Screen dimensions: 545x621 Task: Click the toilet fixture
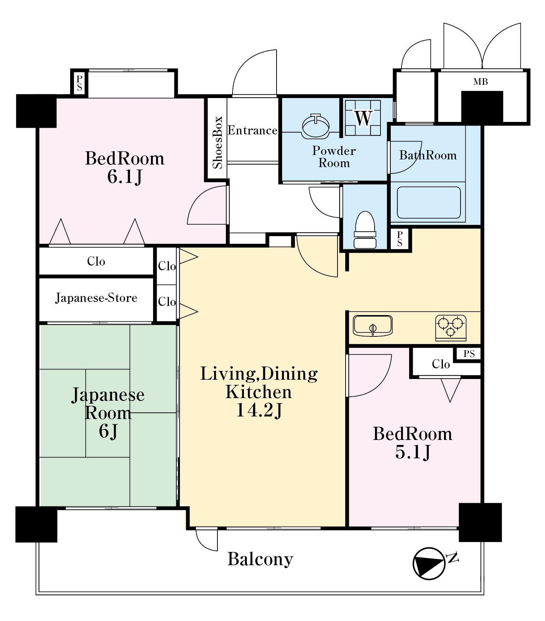click(x=365, y=230)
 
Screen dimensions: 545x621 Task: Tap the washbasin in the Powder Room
click(x=315, y=126)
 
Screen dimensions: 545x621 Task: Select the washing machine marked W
click(x=363, y=118)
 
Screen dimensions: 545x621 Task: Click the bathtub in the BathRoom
click(x=429, y=203)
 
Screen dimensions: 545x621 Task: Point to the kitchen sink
click(x=372, y=326)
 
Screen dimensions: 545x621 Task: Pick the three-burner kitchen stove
click(x=451, y=327)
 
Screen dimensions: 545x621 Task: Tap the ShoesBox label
click(x=218, y=142)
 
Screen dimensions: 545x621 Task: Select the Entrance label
click(x=252, y=130)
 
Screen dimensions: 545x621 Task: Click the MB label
click(x=480, y=82)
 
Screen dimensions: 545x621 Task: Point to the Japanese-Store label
click(x=96, y=297)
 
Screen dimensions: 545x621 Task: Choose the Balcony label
click(x=260, y=559)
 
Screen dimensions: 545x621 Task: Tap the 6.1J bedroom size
click(x=124, y=177)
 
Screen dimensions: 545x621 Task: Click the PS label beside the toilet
click(x=400, y=239)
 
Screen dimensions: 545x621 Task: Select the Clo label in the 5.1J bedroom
click(x=441, y=364)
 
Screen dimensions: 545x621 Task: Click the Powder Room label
click(x=334, y=157)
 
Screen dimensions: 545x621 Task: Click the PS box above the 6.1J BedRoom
click(x=79, y=83)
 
